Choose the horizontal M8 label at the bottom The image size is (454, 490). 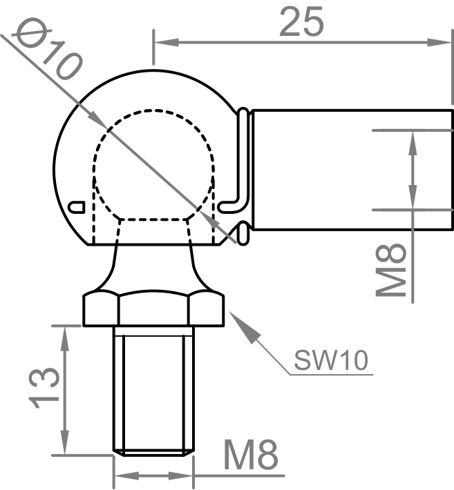point(250,455)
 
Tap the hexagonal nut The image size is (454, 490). point(154,309)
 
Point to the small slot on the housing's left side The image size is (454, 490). point(77,206)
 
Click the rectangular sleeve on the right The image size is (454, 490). point(346,169)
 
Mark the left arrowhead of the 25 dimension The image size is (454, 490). point(160,42)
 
